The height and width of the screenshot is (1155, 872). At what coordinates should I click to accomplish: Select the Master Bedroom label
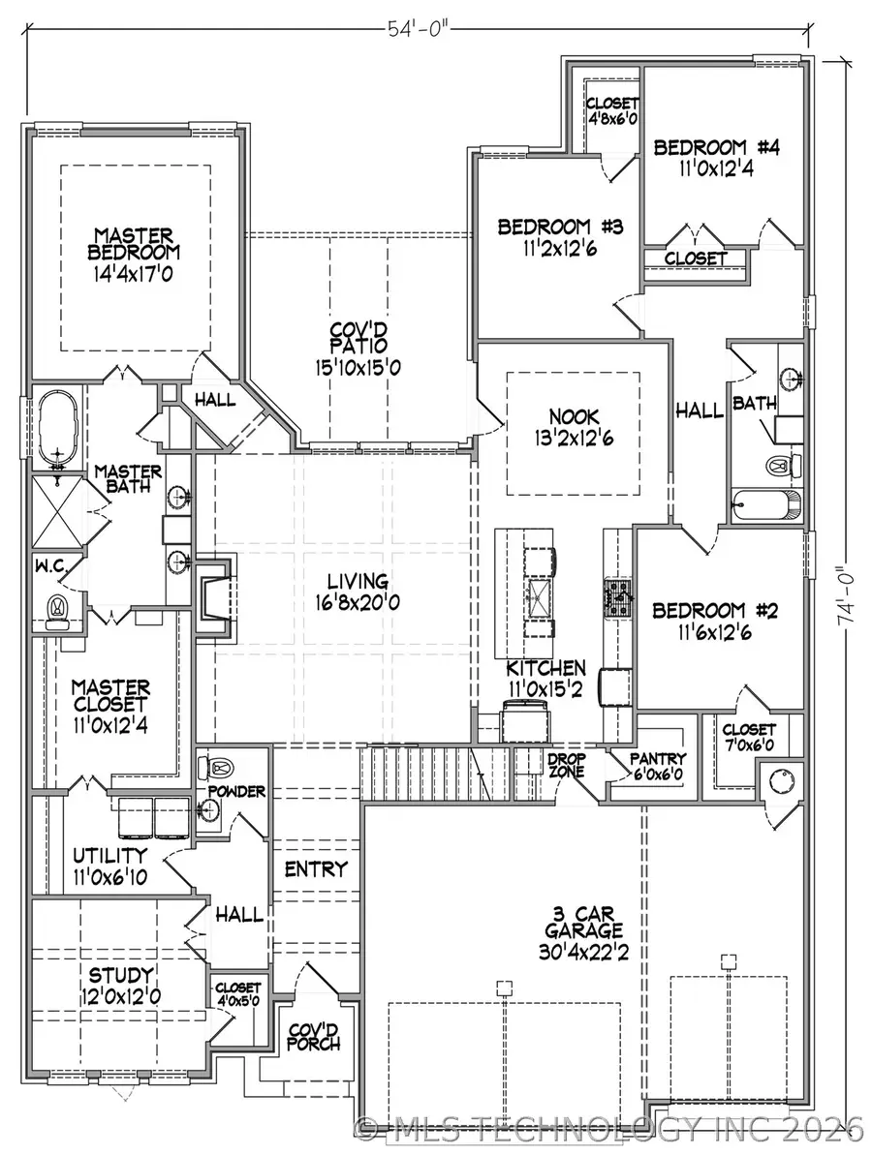[134, 253]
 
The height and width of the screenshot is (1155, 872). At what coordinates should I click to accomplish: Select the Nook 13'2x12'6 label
[572, 426]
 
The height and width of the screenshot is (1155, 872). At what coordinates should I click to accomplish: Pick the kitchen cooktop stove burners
[616, 597]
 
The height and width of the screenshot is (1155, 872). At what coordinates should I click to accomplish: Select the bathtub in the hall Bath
[765, 504]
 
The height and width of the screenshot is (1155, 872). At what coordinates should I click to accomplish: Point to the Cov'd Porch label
[313, 1036]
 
